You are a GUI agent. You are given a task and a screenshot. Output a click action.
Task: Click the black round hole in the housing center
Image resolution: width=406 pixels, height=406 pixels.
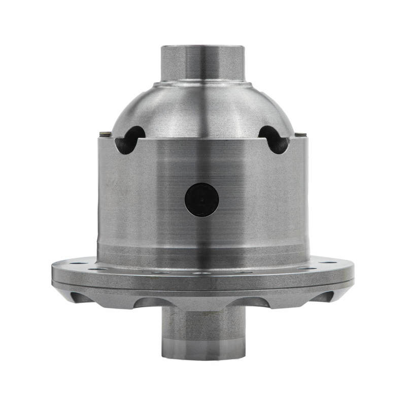201,199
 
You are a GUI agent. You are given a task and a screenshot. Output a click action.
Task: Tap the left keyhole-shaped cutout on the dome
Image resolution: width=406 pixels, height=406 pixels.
129,140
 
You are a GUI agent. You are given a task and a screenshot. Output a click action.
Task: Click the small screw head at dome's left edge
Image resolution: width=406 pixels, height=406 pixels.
105,134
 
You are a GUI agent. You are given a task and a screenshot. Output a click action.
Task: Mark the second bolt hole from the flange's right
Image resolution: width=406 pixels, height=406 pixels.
305,268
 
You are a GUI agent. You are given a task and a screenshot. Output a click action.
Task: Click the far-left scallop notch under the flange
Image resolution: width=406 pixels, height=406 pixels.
82,297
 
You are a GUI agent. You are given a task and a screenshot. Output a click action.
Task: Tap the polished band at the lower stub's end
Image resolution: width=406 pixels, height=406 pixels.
202,350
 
